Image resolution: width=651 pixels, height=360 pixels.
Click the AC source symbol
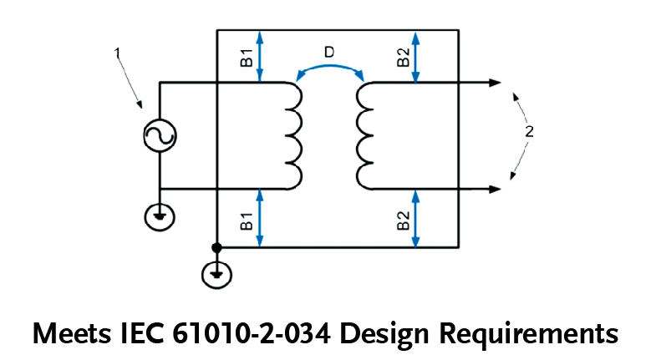[158, 136]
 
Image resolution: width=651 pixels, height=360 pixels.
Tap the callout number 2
[528, 131]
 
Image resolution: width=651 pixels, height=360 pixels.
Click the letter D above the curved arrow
[329, 53]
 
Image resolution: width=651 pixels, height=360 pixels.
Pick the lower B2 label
[403, 221]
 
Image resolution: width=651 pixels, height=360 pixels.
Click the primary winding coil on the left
[292, 134]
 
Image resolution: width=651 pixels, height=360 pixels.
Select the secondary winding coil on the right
[364, 134]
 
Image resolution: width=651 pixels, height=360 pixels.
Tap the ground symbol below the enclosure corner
[216, 273]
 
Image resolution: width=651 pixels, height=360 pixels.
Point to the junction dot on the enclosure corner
[216, 248]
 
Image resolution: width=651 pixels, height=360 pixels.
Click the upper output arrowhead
[495, 83]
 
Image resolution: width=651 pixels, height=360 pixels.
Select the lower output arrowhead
[495, 189]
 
